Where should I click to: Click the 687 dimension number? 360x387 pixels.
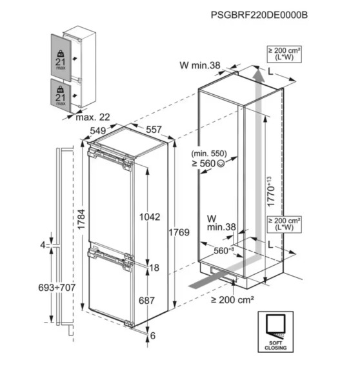tap(148, 301)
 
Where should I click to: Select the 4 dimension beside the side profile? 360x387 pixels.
tap(43, 245)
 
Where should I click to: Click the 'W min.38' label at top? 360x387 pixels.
tap(200, 64)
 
